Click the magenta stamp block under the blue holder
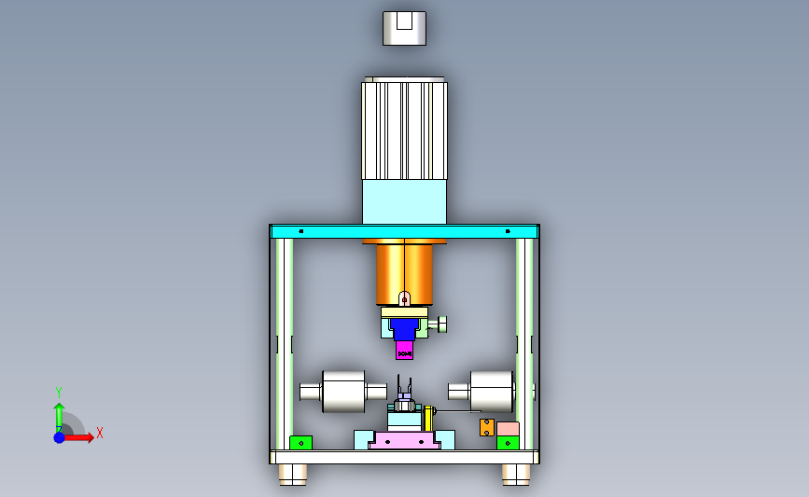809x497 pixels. pos(405,350)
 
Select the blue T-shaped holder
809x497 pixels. pos(404,329)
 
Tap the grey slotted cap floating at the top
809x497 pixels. pos(405,28)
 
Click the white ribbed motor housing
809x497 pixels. pos(405,129)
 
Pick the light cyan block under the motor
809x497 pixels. pos(405,201)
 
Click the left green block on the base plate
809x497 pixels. pos(300,443)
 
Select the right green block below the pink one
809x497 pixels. pos(508,443)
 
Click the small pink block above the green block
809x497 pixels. pos(508,429)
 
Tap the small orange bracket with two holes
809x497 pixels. pos(486,427)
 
